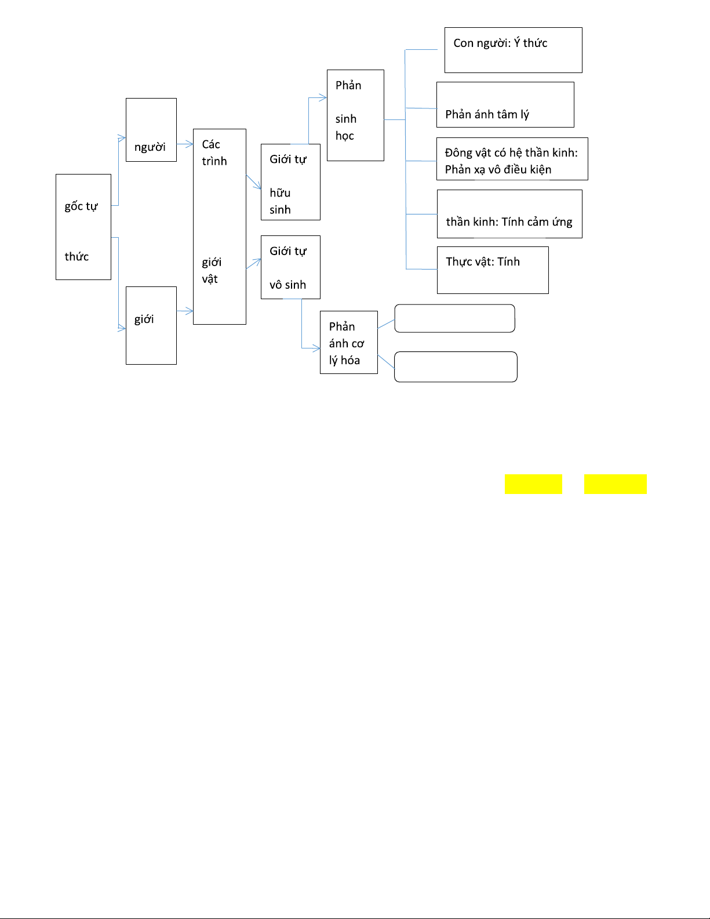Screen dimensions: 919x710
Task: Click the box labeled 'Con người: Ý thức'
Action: pyautogui.click(x=513, y=50)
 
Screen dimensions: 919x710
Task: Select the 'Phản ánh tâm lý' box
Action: pyautogui.click(x=505, y=104)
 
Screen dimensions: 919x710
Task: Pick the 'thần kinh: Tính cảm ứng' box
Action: pyautogui.click(x=509, y=214)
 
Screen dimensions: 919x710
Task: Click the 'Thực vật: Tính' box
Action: pyautogui.click(x=493, y=270)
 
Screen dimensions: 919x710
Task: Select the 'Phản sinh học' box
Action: pyautogui.click(x=355, y=115)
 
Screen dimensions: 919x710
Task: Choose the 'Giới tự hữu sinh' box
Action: pyautogui.click(x=290, y=182)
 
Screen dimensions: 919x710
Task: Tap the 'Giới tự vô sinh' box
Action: pyautogui.click(x=290, y=267)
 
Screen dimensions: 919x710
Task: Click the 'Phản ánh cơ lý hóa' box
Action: pyautogui.click(x=349, y=343)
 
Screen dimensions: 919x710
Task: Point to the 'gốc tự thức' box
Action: pyautogui.click(x=83, y=227)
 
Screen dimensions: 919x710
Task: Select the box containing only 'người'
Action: pyautogui.click(x=151, y=130)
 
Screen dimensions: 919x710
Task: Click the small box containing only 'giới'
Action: pyautogui.click(x=151, y=325)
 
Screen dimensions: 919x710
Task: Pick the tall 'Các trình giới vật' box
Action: pyautogui.click(x=220, y=226)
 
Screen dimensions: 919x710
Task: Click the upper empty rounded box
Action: pyautogui.click(x=454, y=318)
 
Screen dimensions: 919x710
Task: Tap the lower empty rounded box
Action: pyautogui.click(x=456, y=367)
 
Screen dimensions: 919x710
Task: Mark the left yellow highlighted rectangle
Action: pyautogui.click(x=533, y=484)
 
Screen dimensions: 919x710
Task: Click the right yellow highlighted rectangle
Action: pyautogui.click(x=615, y=484)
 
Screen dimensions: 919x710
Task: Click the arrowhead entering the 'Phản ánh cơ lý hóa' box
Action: pyautogui.click(x=316, y=348)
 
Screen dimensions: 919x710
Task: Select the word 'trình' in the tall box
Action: pyautogui.click(x=214, y=161)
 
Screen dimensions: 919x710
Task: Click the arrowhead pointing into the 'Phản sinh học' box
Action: pyautogui.click(x=323, y=98)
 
